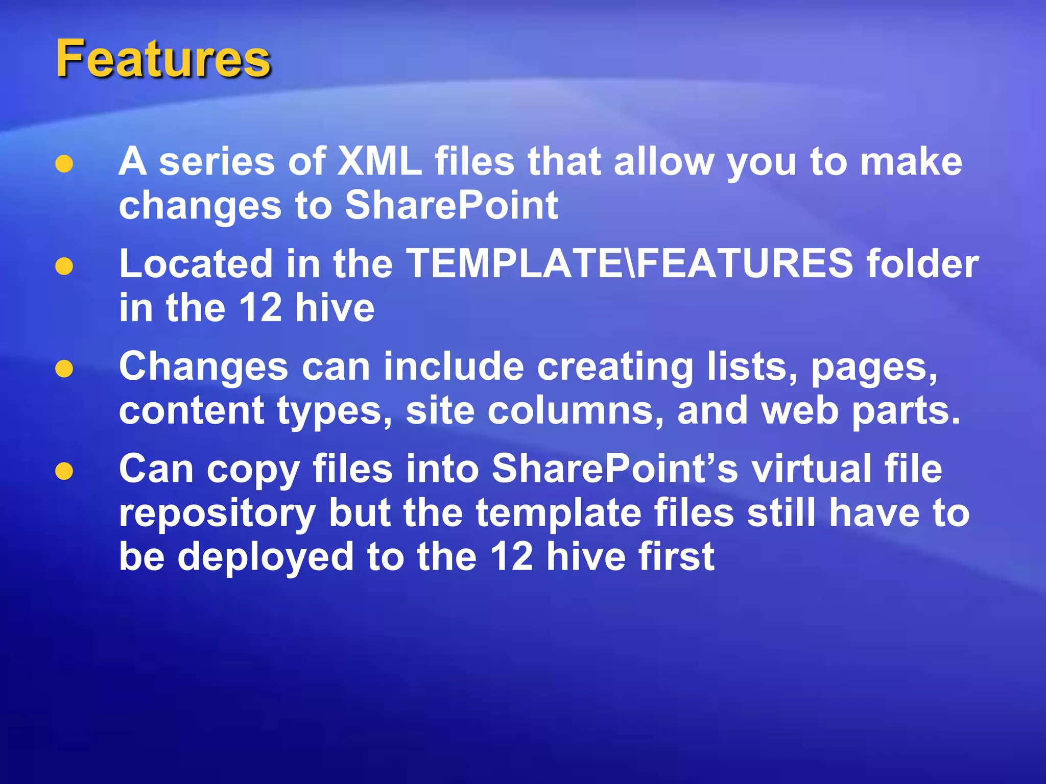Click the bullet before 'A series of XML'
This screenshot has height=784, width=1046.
click(64, 164)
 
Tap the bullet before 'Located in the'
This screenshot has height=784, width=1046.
click(64, 266)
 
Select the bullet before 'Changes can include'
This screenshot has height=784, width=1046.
click(64, 369)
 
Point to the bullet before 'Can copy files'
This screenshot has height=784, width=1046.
click(64, 471)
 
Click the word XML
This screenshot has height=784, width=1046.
click(380, 162)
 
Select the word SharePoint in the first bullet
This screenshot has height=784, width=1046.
click(451, 205)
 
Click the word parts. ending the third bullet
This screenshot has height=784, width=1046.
click(906, 411)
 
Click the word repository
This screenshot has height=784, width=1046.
click(218, 513)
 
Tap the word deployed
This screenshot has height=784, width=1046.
click(266, 557)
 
